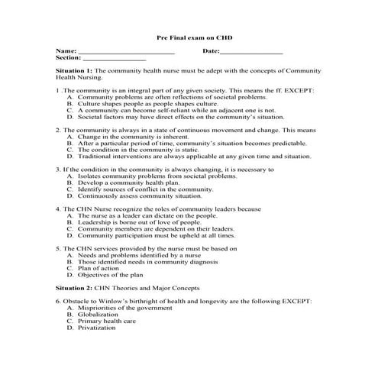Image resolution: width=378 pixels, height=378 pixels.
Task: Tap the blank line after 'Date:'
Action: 251,52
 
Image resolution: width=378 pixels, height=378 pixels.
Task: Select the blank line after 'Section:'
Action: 113,59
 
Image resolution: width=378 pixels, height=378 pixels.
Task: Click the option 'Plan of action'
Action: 99,269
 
